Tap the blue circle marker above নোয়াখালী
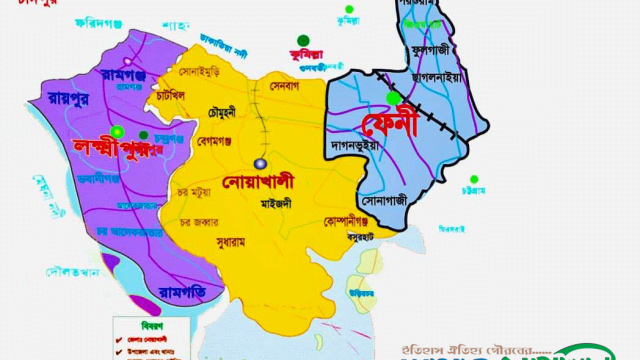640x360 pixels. click(260, 163)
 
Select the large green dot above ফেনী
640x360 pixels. click(395, 97)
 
